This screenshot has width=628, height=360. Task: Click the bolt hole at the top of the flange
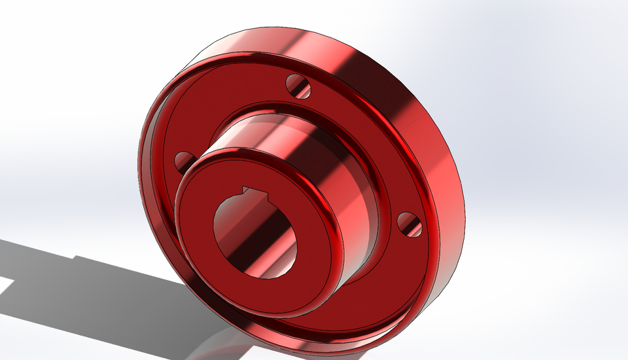[x=298, y=85]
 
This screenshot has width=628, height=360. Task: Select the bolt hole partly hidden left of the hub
[x=184, y=160]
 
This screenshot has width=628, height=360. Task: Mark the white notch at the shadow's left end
[x=7, y=285]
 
